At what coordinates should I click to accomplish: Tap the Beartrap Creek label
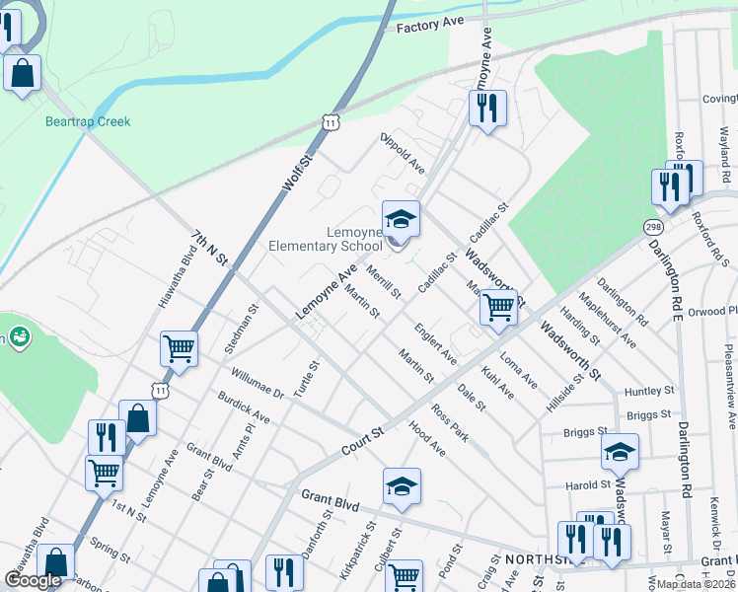[x=88, y=122]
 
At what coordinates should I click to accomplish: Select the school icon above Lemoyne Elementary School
[x=401, y=219]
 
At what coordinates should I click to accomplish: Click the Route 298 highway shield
[x=652, y=228]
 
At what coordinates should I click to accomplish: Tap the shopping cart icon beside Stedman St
[x=179, y=347]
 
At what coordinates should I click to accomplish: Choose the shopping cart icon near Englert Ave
[x=498, y=308]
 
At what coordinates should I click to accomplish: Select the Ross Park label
[x=449, y=420]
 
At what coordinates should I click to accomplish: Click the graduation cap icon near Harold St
[x=619, y=452]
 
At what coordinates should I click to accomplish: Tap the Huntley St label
[x=648, y=392]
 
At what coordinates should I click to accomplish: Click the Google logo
[x=33, y=580]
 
